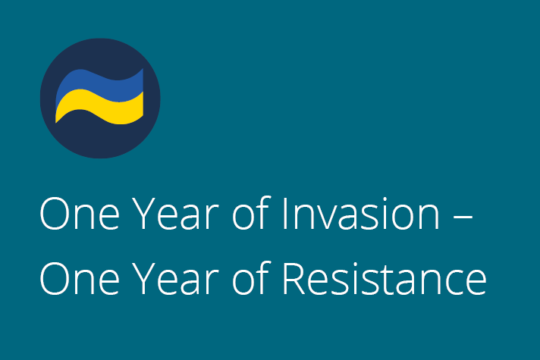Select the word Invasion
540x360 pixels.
tap(361, 214)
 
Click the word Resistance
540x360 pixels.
tap(385, 279)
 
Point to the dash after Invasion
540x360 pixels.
tap(463, 218)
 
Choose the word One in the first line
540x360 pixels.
tap(80, 214)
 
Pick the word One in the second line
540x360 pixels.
tap(80, 279)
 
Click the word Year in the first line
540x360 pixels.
tap(176, 214)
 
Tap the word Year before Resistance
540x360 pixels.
tap(176, 279)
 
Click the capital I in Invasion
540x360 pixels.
tap(285, 214)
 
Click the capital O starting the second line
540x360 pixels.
tap(55, 279)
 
